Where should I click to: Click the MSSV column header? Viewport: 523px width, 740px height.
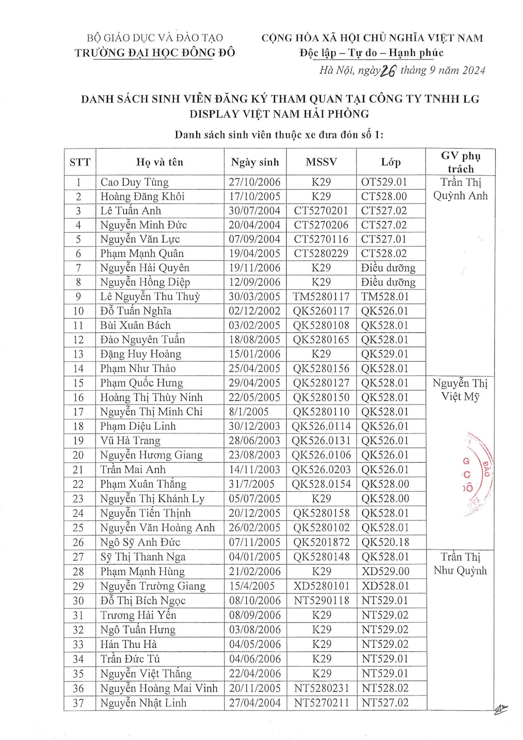(321, 162)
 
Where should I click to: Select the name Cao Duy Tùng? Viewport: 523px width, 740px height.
(135, 182)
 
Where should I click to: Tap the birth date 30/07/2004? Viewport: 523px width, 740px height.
(254, 211)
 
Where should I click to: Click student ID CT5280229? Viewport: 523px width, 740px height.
(321, 254)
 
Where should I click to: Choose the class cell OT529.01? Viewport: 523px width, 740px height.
(384, 182)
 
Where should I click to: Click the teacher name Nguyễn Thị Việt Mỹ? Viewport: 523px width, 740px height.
(460, 390)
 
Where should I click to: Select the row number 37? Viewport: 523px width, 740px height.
(78, 703)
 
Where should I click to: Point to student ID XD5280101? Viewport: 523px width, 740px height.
(321, 586)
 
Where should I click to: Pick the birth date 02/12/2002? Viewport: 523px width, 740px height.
(254, 311)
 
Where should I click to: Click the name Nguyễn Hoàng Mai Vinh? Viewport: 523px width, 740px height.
(159, 688)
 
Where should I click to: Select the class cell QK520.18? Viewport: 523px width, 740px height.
(385, 542)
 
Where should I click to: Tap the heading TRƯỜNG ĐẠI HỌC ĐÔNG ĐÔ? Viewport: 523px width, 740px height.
(155, 53)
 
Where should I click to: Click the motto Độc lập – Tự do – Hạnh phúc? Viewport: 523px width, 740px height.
(371, 53)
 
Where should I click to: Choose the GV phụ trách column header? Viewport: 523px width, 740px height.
(460, 162)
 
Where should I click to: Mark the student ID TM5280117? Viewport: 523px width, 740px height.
(321, 297)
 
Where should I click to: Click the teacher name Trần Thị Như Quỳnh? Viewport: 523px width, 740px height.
(460, 564)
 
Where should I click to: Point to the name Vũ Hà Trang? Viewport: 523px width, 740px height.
(130, 441)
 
